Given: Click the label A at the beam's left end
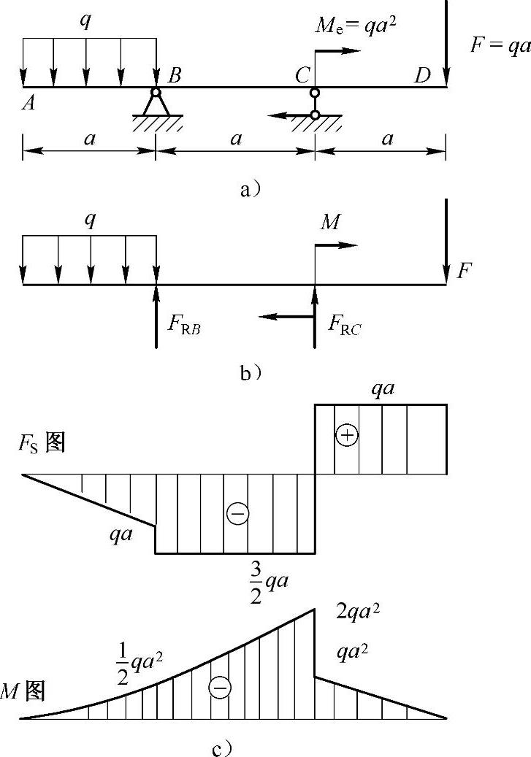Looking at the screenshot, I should [x=29, y=104].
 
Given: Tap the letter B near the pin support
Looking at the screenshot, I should [x=175, y=76].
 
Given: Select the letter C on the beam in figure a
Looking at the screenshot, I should [x=301, y=76].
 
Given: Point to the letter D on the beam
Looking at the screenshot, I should [x=421, y=76].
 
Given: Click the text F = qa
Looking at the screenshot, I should [x=500, y=45].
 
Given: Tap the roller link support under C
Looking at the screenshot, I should [x=315, y=104].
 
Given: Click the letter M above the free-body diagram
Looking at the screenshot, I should [x=330, y=223].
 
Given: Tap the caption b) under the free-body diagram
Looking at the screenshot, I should [x=250, y=373].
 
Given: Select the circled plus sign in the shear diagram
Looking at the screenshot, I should [x=347, y=435].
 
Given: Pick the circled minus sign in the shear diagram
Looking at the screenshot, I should [x=237, y=514].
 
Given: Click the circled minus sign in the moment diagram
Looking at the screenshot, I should [x=219, y=687].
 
